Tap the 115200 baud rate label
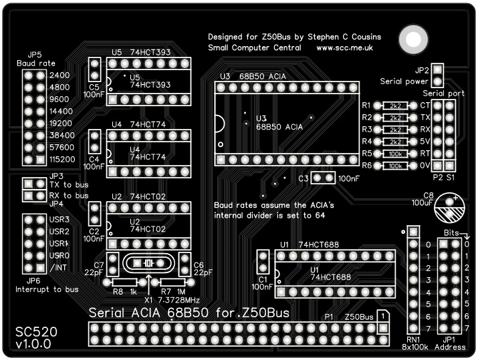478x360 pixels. [62, 160]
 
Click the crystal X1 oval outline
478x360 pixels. [148, 263]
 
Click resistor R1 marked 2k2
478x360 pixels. [395, 106]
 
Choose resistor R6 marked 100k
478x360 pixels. [395, 165]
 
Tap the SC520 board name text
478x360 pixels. [36, 331]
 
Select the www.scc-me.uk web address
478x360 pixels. [344, 48]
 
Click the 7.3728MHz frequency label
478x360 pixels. [178, 301]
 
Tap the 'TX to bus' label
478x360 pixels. [69, 184]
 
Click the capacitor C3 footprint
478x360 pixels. [324, 178]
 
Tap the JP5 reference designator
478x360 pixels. [35, 54]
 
